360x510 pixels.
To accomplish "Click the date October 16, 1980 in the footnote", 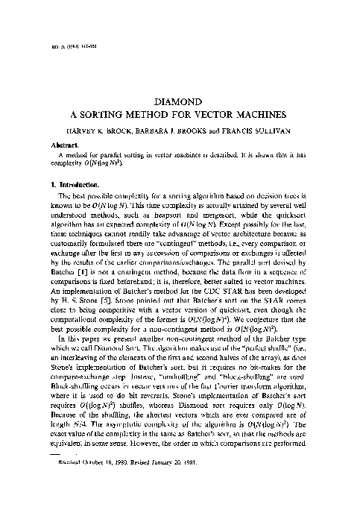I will pos(109,484).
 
